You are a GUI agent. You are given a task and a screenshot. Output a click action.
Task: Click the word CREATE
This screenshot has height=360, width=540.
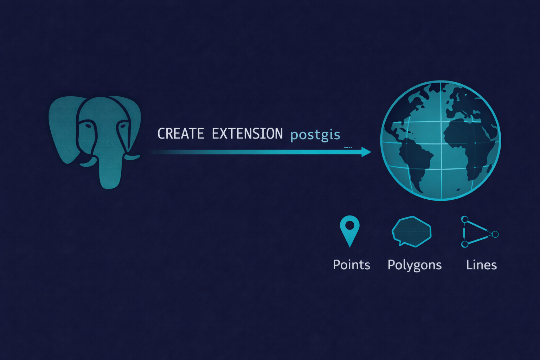click(180, 134)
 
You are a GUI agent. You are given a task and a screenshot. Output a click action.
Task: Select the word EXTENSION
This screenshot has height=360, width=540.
click(247, 134)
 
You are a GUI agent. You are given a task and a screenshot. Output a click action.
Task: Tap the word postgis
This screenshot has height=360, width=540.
click(315, 135)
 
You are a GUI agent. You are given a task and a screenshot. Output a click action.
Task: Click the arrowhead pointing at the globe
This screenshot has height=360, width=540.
click(366, 152)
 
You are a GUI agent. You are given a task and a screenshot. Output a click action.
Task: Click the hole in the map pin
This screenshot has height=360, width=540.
click(350, 225)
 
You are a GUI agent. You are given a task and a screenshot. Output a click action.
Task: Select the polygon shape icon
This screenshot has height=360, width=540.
click(412, 231)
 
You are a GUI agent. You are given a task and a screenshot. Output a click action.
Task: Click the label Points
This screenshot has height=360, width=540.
click(351, 265)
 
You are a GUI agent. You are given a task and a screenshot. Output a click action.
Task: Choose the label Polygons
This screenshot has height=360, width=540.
click(414, 265)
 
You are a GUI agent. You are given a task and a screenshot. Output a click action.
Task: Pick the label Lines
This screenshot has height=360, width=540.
click(481, 265)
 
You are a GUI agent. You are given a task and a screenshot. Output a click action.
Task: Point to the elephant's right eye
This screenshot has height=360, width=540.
click(123, 126)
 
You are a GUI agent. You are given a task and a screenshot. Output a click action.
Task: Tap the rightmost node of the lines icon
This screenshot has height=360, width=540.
click(495, 234)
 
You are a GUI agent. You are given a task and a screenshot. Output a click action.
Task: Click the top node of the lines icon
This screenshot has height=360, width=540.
click(465, 220)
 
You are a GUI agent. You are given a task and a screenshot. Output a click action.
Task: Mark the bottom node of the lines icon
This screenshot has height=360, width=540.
click(465, 244)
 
